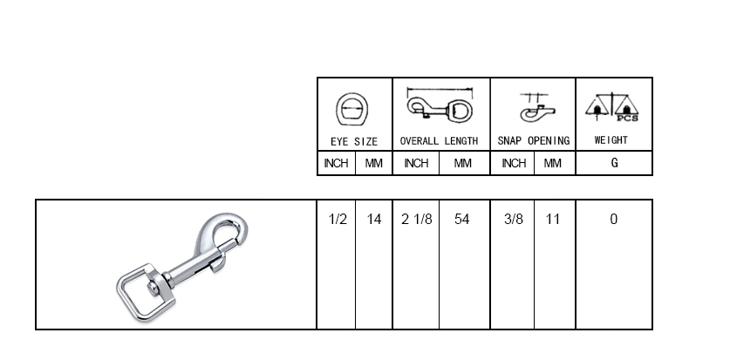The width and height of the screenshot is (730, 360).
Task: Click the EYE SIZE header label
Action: click(x=354, y=140)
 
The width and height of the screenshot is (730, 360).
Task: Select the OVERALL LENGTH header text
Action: click(x=439, y=140)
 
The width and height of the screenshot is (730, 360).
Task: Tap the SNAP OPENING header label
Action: click(x=533, y=140)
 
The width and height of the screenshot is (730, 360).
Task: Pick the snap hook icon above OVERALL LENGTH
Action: click(x=440, y=108)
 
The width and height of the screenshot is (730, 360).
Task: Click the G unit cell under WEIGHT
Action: click(x=614, y=163)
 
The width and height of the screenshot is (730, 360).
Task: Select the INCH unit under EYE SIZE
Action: click(x=336, y=163)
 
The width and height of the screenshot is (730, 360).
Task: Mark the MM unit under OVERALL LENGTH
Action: click(x=462, y=163)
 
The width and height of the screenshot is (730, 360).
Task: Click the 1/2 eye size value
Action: click(x=338, y=220)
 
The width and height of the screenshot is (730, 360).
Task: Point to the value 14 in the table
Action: click(x=374, y=220)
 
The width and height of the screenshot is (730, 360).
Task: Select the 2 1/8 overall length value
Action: click(x=416, y=220)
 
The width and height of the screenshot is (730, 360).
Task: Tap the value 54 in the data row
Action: click(x=462, y=220)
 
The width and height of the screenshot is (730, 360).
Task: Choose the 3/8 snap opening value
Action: click(x=514, y=220)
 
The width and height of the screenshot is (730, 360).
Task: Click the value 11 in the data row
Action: click(x=552, y=220)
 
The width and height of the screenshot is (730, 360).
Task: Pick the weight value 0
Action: click(x=613, y=220)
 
